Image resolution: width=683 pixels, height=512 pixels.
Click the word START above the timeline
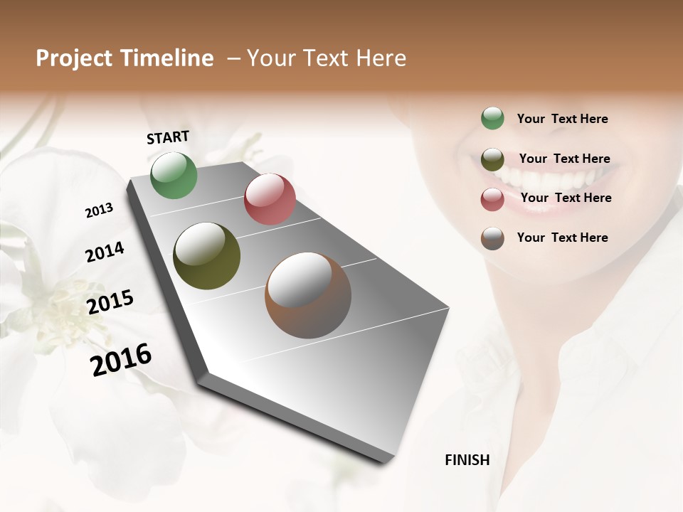coord(168,137)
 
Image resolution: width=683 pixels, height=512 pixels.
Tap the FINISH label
coord(467,460)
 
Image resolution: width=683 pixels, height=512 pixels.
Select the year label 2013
coord(99,210)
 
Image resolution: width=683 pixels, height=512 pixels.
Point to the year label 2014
coord(105,252)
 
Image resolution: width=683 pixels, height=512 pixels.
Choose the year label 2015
coord(110,302)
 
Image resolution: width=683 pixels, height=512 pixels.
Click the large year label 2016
coord(121,360)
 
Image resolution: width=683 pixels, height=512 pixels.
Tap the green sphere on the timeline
coord(174,176)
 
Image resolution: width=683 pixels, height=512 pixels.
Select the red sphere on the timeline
coord(270,199)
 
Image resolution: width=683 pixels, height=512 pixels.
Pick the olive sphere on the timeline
coord(206,256)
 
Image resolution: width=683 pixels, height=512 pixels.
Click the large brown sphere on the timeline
coord(308,295)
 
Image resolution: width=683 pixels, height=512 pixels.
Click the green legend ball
coord(492,118)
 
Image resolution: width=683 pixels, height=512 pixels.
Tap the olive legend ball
coord(492,159)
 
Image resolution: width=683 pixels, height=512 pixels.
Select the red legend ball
coord(492,199)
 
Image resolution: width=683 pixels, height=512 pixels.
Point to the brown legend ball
coord(492,238)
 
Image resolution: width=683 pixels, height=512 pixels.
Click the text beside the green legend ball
coord(563,119)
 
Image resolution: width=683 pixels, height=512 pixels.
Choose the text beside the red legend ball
coord(566,198)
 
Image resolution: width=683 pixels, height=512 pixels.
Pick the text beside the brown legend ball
coord(563,238)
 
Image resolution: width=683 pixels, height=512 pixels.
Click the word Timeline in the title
coord(168,58)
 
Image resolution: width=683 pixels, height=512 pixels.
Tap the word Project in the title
coord(73,58)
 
